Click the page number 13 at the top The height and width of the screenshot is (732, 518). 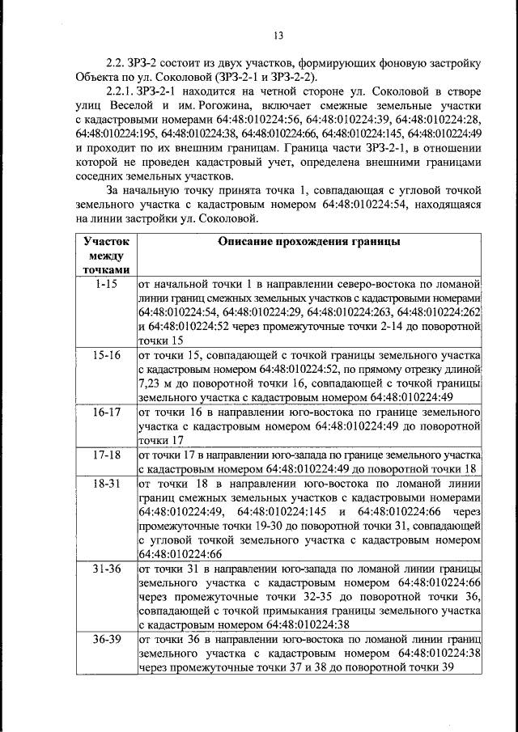[278, 35]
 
